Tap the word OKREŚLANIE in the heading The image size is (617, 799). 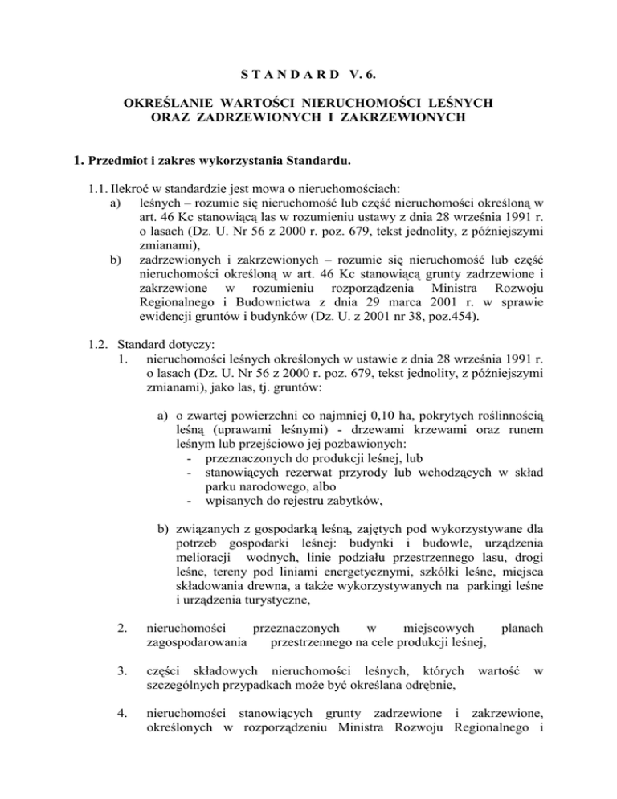[165, 104]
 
